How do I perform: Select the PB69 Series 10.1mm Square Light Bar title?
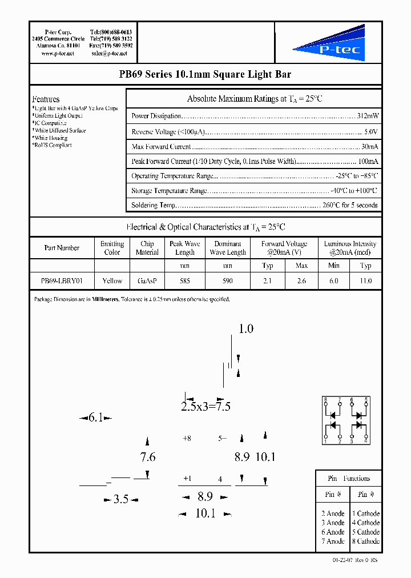point(205,74)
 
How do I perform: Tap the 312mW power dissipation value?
point(368,116)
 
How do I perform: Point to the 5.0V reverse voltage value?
point(371,131)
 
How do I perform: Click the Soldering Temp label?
point(153,205)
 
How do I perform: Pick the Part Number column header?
point(62,248)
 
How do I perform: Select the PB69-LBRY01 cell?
point(62,280)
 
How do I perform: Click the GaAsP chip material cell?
point(147,280)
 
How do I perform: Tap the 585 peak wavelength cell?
point(185,280)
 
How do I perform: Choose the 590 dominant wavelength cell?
point(228,280)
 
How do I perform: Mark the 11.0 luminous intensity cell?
point(366,280)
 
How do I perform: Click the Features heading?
point(46,99)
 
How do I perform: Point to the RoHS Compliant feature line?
point(53,145)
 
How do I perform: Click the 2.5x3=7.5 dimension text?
point(205,407)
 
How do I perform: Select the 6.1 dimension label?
point(95,418)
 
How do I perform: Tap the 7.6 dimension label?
point(148,457)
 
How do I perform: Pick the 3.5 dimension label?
point(120,499)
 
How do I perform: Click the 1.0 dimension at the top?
point(245,329)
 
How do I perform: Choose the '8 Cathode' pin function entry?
point(366,541)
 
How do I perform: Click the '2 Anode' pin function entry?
point(333,513)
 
